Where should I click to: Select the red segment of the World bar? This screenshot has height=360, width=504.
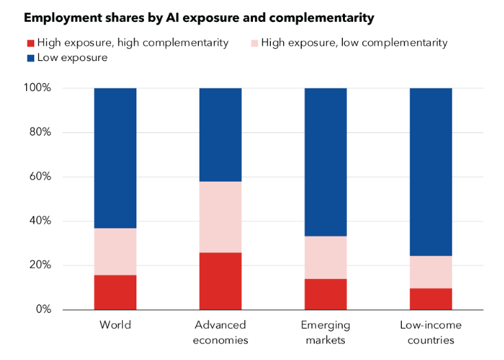115,292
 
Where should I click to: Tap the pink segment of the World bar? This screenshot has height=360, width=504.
115,252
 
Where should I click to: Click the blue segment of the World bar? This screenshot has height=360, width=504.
115,158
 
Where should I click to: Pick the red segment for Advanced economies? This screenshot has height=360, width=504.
220,281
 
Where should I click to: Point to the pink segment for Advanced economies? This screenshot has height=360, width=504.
220,217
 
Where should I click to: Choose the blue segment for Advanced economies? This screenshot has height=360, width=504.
220,134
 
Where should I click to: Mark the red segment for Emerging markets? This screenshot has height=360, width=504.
325,294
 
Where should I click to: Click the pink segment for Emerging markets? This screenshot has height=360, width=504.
325,257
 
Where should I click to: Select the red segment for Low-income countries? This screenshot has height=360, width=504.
431,299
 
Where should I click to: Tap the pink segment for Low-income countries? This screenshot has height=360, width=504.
431,272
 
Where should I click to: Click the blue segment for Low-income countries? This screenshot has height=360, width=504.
431,171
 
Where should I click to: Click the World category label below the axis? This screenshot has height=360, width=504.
115,324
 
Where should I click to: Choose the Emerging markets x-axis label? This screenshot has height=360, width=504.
325,332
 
